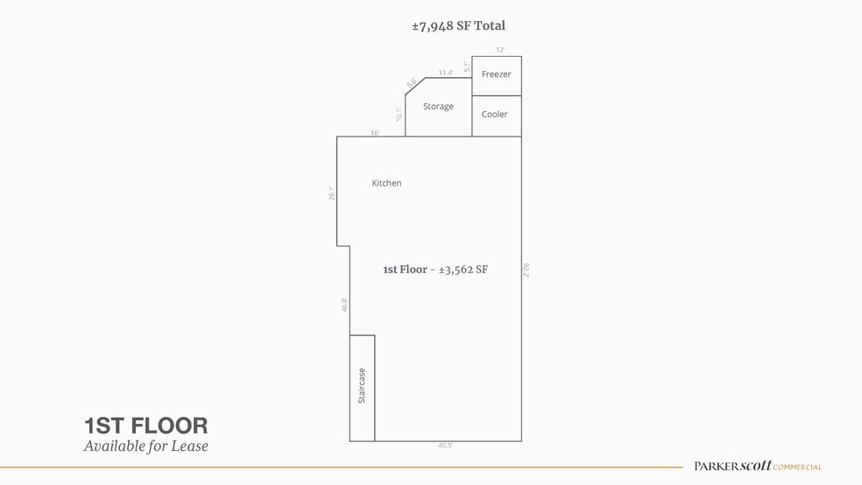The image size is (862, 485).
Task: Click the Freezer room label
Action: [x=496, y=74]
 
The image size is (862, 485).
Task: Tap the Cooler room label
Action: [x=494, y=114]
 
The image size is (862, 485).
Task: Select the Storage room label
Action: [x=438, y=106]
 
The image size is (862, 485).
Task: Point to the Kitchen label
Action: [x=386, y=183]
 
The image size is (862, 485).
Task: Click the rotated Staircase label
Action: [x=362, y=385]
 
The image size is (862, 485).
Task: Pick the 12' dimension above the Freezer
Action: [x=500, y=51]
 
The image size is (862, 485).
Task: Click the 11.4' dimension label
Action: [x=446, y=73]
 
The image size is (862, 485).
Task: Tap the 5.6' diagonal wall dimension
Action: [x=411, y=82]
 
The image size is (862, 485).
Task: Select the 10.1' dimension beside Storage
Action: [x=398, y=114]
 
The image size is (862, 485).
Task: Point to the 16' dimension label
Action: [x=374, y=133]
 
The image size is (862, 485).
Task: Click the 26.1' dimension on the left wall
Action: [x=331, y=193]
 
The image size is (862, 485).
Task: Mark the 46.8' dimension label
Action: [x=344, y=305]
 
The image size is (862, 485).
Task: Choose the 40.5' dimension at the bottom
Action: [x=445, y=446]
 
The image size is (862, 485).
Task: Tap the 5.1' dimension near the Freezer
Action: [x=468, y=66]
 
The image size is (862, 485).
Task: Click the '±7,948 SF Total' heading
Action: [x=458, y=26]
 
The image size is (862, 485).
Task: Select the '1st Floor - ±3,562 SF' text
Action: [x=435, y=270]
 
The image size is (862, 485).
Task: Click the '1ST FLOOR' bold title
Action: [x=145, y=426]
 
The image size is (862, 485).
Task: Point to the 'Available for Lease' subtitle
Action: [x=145, y=446]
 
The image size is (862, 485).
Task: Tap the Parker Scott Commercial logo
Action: [x=758, y=467]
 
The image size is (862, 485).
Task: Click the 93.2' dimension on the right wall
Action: [x=526, y=270]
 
